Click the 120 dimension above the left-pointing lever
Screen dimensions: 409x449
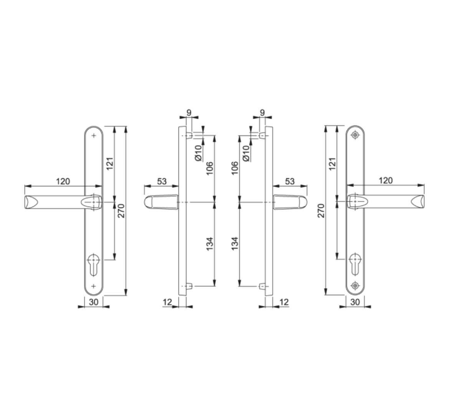pyautogui.click(x=63, y=181)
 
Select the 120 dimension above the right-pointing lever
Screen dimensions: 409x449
pyautogui.click(x=385, y=180)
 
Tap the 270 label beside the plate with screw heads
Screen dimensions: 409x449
pyautogui.click(x=321, y=211)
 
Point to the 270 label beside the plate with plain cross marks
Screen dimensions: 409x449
pyautogui.click(x=121, y=211)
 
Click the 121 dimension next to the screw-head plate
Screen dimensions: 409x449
pyautogui.click(x=332, y=164)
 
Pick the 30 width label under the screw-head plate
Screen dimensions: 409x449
pyautogui.click(x=355, y=302)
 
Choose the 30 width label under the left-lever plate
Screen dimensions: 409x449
pyautogui.click(x=93, y=302)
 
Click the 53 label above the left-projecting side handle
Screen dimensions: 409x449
pyautogui.click(x=162, y=181)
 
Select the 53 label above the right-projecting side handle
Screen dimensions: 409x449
pyautogui.click(x=290, y=181)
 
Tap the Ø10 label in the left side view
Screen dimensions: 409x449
pyautogui.click(x=198, y=153)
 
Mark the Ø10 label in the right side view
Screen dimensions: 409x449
pyautogui.click(x=246, y=153)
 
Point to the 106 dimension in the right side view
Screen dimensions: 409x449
pyautogui.click(x=235, y=168)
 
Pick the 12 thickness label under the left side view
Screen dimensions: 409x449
pyautogui.click(x=167, y=302)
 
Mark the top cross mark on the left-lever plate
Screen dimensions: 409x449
pyautogui.click(x=94, y=136)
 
